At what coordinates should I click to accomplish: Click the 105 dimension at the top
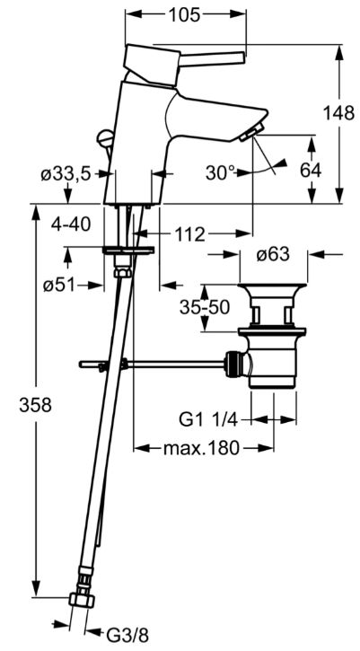[x=184, y=15]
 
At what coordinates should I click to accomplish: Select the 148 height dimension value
[x=339, y=113]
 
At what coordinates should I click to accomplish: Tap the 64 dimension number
[x=311, y=171]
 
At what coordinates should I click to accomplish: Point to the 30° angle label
[x=221, y=172]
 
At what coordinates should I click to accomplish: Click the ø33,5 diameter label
[x=66, y=175]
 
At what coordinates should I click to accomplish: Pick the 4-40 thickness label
[x=71, y=224]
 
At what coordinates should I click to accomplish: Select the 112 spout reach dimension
[x=189, y=235]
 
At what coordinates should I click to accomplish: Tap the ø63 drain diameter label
[x=273, y=255]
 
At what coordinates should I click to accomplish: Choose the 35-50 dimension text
[x=205, y=307]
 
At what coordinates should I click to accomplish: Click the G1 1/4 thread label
[x=208, y=420]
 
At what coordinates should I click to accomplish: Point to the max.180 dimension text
[x=202, y=448]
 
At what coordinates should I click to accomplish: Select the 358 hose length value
[x=35, y=405]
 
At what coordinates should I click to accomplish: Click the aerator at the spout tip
[x=251, y=131]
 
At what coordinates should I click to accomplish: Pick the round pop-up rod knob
[x=105, y=137]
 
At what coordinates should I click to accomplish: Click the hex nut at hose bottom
[x=82, y=600]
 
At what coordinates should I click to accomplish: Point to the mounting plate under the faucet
[x=128, y=250]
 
